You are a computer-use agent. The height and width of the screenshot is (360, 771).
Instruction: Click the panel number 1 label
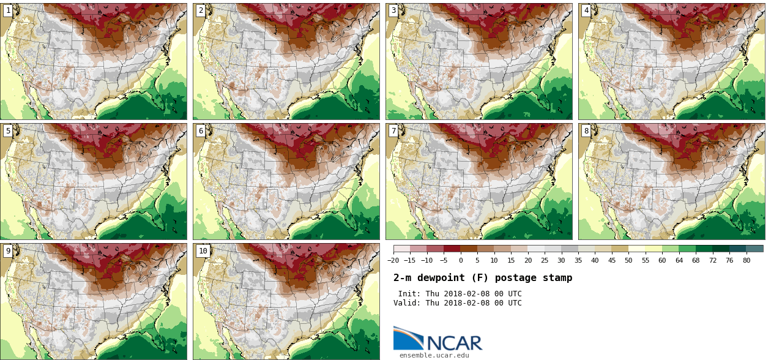(8, 10)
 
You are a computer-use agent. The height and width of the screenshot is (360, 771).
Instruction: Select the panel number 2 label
(201, 10)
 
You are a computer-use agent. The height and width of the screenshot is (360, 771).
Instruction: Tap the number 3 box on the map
(393, 10)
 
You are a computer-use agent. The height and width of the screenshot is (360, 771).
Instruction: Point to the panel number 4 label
(586, 10)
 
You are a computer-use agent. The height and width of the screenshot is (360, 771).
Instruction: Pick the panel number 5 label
(8, 130)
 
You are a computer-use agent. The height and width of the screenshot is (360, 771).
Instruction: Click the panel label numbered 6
(201, 130)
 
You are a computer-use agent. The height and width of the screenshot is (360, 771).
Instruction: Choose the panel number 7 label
(393, 130)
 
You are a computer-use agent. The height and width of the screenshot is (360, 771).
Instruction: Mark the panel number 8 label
(586, 130)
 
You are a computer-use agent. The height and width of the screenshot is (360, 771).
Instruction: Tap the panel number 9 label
(8, 250)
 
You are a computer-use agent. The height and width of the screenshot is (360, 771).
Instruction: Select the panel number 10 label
(203, 250)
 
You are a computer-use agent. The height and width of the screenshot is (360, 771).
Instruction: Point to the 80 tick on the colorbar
(746, 260)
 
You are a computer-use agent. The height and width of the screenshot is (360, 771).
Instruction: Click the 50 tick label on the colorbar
(628, 260)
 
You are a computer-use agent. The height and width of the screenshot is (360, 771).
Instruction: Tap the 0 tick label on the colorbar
(461, 260)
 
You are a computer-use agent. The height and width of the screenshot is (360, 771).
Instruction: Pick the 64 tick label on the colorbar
(679, 260)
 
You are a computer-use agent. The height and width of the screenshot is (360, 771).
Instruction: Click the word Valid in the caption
(406, 303)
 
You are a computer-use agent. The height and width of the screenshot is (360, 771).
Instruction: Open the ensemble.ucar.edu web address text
(434, 355)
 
